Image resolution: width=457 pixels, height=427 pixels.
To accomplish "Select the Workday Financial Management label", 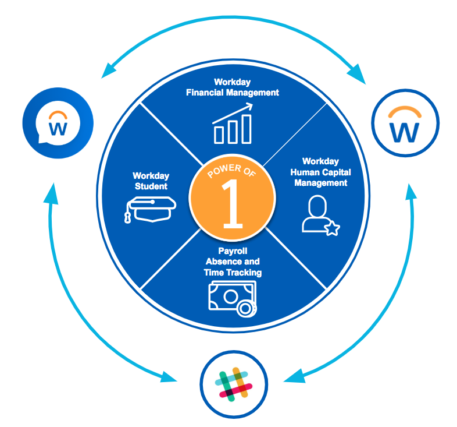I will pos(232,87).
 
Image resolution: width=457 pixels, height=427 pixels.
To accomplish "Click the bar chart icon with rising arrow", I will pos(232,123).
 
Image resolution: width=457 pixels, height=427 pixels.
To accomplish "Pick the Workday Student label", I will pos(150,181).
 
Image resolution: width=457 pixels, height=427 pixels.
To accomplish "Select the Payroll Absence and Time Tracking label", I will pos(232,262).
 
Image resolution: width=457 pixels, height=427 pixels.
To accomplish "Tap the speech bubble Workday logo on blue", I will pos(58,122).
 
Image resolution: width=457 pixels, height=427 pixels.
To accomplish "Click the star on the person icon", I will pos(332,229).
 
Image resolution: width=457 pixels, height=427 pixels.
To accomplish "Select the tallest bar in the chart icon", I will pos(247,128).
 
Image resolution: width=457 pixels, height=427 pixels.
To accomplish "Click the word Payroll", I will pos(233,250).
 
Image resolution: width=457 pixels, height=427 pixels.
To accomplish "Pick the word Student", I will pos(150,186).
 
